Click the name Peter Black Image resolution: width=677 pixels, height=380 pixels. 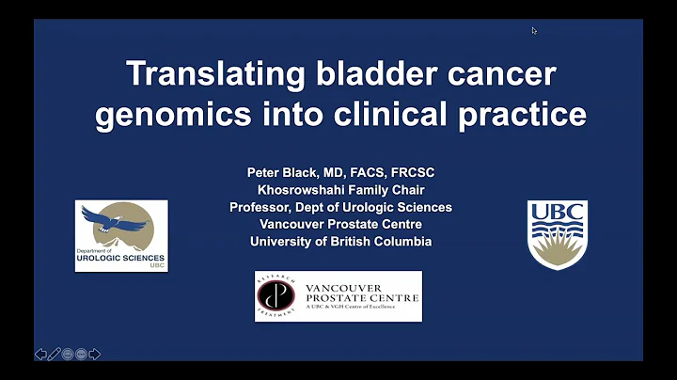point(282,173)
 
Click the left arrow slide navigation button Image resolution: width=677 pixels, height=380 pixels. point(40,354)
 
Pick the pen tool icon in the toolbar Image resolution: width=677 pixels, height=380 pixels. point(55,354)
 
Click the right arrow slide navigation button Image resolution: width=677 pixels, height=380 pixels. point(95,354)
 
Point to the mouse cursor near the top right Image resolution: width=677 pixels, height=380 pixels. point(534,30)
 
